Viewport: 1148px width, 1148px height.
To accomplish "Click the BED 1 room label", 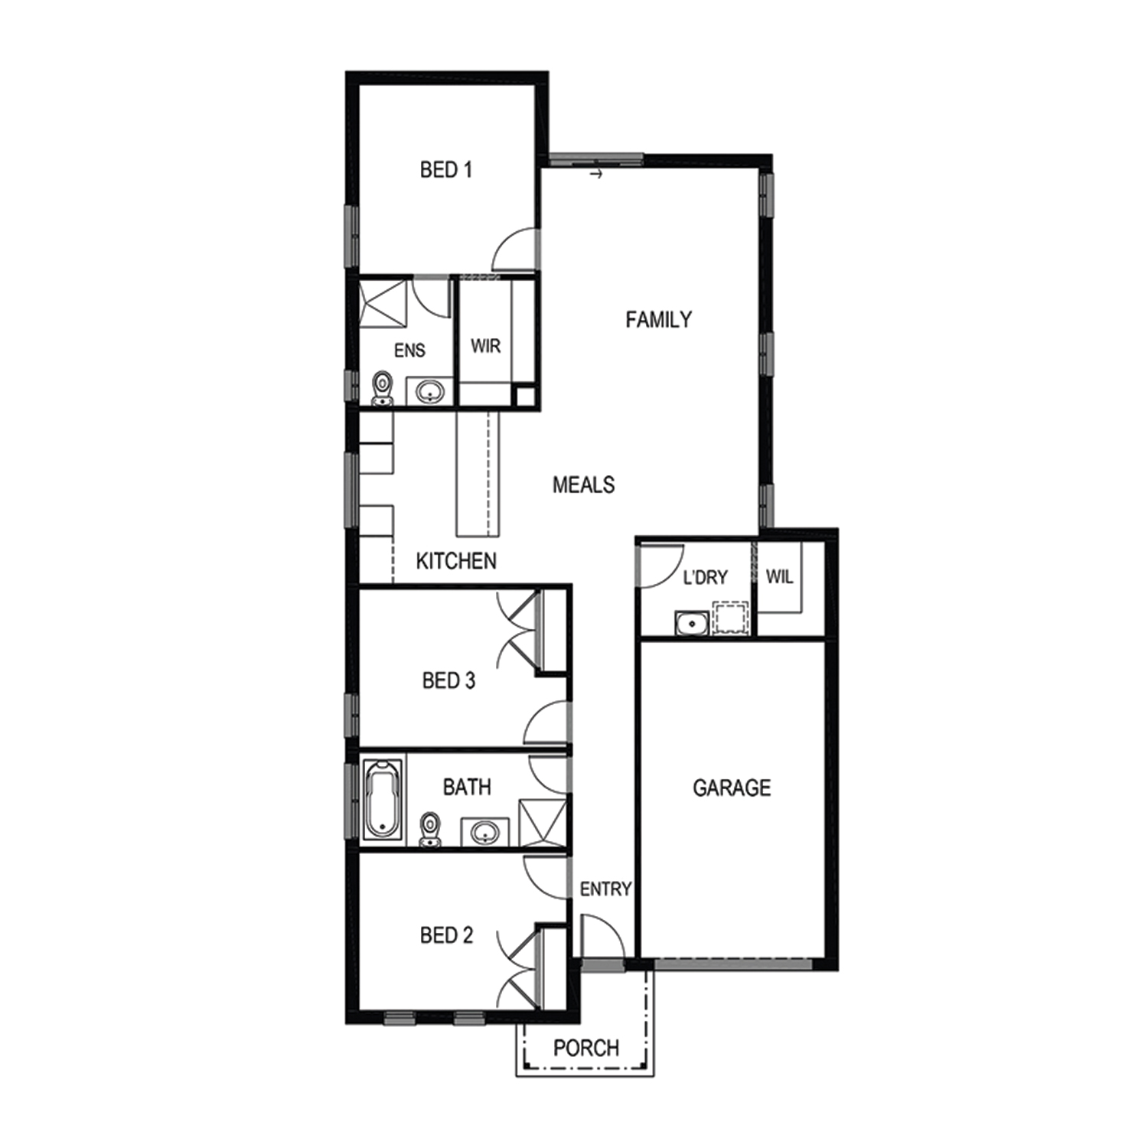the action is pos(446,169).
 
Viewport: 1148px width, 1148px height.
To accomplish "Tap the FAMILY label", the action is pos(658,319).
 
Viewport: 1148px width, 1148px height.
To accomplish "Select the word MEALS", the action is pos(583,484).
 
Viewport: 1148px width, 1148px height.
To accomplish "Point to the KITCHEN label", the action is pos(456,561).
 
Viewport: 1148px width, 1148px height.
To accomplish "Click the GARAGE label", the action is pos(732,788).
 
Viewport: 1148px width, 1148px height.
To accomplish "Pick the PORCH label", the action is pos(586,1048).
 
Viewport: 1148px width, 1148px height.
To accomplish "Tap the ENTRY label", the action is pos(605,889).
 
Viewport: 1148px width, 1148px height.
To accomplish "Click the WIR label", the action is pos(486,346).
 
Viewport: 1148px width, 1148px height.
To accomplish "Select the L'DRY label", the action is pos(705,577).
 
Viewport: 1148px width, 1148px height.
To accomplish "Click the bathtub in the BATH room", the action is pos(383,799).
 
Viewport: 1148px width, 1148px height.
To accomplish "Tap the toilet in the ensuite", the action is pos(382,389).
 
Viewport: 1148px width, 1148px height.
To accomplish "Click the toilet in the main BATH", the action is pos(431,830).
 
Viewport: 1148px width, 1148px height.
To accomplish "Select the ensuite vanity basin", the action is pos(429,392).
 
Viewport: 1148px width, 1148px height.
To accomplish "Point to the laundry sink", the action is pos(692,624).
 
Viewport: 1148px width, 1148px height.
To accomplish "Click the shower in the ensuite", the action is pos(382,304).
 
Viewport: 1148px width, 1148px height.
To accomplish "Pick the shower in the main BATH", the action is pos(543,823).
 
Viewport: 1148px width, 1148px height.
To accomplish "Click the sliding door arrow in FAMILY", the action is pos(597,174).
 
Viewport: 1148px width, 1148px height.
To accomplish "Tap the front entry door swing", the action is pos(603,936).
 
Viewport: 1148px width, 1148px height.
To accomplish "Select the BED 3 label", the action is pos(448,680).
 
